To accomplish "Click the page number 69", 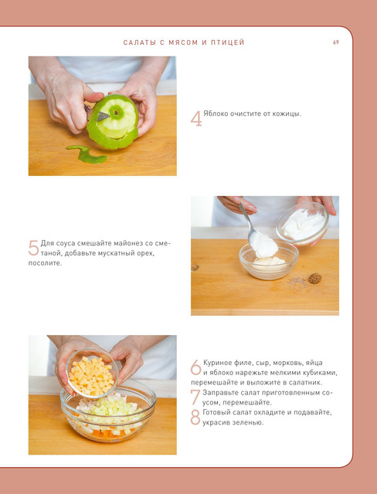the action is [x=336, y=42].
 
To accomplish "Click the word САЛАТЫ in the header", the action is [x=139, y=42].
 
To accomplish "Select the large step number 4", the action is [x=196, y=119].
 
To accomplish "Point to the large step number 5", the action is [x=33, y=248].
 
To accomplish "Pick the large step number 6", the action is [x=195, y=367].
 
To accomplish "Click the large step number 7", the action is [x=195, y=397].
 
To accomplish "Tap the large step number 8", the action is [x=195, y=417].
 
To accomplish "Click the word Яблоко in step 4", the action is [x=214, y=113].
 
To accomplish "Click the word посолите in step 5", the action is [x=45, y=263].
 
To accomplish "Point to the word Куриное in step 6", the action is [x=216, y=363].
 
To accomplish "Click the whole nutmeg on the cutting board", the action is [x=315, y=278].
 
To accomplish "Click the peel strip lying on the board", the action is [x=87, y=154].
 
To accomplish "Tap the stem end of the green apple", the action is [x=117, y=112].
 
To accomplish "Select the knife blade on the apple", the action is [x=103, y=116].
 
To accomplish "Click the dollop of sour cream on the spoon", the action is [x=264, y=245].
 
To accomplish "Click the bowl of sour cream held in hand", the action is [x=302, y=223].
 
